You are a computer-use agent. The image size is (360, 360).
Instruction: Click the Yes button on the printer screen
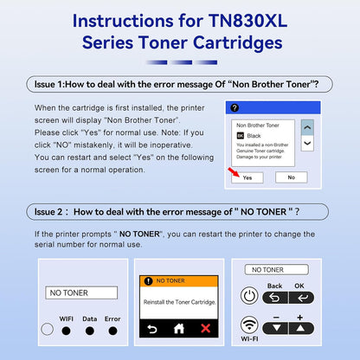[247, 177]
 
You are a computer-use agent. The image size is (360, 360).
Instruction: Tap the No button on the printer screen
[291, 177]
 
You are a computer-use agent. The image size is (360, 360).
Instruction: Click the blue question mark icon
[231, 108]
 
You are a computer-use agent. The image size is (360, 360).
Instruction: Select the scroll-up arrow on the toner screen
[306, 125]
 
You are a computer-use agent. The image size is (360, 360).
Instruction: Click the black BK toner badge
[241, 136]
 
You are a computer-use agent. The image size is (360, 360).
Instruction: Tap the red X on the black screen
[204, 329]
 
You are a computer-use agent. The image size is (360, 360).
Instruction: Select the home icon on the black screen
[178, 329]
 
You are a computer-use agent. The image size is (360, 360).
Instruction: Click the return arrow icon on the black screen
[151, 329]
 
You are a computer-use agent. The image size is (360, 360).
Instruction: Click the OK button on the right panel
[299, 297]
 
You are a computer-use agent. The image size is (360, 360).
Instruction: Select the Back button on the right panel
[274, 297]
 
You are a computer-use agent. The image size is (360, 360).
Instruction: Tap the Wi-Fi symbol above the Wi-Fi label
[249, 326]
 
